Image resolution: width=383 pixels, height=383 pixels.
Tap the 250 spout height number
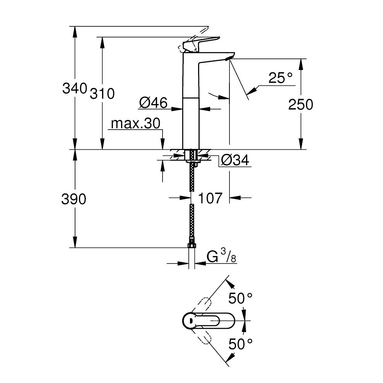click(301, 104)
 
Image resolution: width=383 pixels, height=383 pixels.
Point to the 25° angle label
click(280, 79)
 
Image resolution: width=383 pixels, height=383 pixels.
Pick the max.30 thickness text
click(135, 124)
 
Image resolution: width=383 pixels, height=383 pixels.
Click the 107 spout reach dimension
click(210, 198)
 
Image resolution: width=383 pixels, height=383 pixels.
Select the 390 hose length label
click(74, 200)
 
